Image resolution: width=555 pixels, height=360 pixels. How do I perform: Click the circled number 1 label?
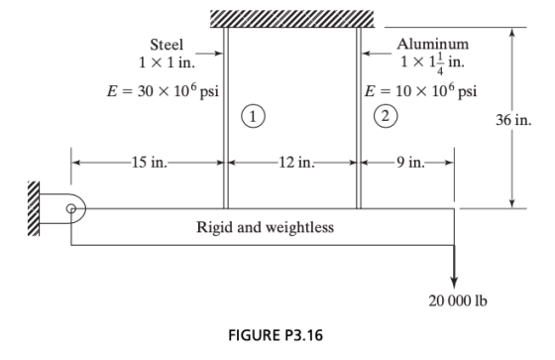point(253,116)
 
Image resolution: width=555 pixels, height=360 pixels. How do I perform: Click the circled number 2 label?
point(386,116)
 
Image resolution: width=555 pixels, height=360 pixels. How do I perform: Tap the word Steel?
point(166,45)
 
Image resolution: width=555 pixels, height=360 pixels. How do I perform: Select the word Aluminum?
point(432,45)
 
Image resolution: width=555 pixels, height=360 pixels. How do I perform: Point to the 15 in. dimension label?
point(149,163)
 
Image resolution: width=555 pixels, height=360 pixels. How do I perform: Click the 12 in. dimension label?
point(296,163)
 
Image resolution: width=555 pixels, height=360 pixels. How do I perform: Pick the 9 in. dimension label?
point(410,163)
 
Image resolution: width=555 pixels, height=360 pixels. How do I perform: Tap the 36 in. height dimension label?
point(513,120)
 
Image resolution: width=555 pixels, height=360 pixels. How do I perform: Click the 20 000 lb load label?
point(458,300)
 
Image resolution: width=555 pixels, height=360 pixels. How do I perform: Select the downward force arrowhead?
point(455,283)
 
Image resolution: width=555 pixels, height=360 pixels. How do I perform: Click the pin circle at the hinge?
point(71,208)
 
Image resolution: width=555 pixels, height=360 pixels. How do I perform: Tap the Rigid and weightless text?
point(266,227)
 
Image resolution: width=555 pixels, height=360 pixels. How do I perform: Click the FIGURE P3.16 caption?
point(276,335)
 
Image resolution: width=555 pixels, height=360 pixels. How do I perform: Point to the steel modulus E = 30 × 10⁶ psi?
point(164,91)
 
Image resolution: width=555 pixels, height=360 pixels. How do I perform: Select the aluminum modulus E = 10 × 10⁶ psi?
point(421,91)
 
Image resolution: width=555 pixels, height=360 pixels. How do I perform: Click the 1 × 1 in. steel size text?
point(166,62)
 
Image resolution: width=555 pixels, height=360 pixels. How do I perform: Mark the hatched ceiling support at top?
point(292,19)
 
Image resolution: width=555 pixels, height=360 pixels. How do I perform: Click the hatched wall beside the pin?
point(34,208)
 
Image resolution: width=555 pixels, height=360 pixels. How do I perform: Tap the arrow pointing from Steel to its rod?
point(209,54)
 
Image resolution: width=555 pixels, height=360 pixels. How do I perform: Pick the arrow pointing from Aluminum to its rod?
point(377,54)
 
